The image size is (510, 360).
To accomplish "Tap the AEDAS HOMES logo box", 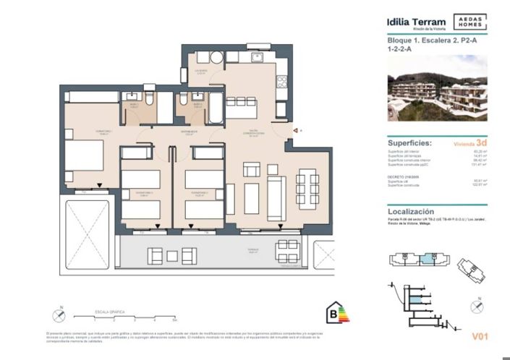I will (x=470, y=22).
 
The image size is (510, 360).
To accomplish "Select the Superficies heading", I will (x=410, y=142).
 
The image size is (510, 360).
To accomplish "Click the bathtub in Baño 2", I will (x=216, y=108).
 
